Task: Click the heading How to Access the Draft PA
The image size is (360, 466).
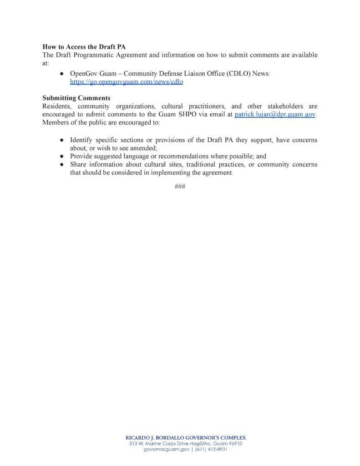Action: [84, 47]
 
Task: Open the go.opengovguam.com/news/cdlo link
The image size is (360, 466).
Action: [127, 82]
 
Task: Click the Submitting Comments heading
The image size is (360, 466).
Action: [76, 98]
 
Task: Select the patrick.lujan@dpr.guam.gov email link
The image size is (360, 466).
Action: [275, 115]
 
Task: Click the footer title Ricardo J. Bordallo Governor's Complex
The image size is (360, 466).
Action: [186, 438]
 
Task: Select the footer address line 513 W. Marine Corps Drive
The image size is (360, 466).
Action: [185, 444]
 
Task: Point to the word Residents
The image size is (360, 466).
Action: [56, 106]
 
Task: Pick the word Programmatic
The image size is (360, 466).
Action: [101, 55]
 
